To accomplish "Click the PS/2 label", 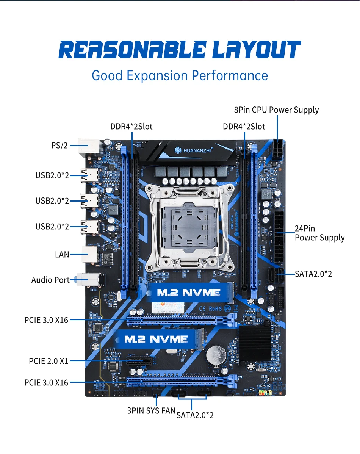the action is (59, 146).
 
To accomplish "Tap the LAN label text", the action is (62, 254).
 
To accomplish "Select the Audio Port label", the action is (50, 280).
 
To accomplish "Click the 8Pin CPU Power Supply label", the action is (276, 110).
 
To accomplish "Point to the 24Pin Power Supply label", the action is (319, 233).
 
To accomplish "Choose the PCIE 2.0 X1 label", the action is (49, 361).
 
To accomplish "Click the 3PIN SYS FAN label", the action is (151, 410).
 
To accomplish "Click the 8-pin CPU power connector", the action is (277, 150).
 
